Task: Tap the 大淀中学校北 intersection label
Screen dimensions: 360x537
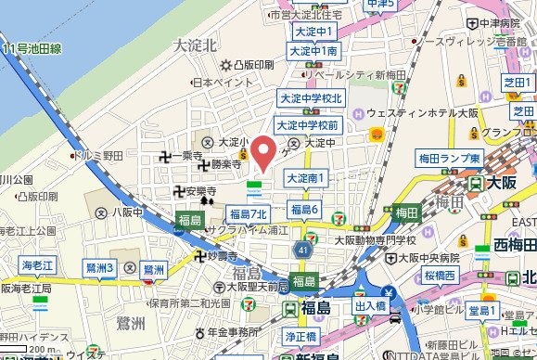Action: pyautogui.click(x=313, y=97)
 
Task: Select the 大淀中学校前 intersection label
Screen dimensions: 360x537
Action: pyautogui.click(x=309, y=124)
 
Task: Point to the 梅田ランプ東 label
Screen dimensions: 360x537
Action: pyautogui.click(x=450, y=159)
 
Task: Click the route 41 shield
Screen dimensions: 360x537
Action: pyautogui.click(x=305, y=251)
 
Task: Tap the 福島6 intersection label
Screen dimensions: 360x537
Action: pyautogui.click(x=305, y=211)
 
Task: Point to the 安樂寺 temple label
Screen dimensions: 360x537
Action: pyautogui.click(x=198, y=192)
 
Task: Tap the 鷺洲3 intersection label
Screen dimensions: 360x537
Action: pyautogui.click(x=99, y=268)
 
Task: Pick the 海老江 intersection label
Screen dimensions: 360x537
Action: pyautogui.click(x=39, y=264)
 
